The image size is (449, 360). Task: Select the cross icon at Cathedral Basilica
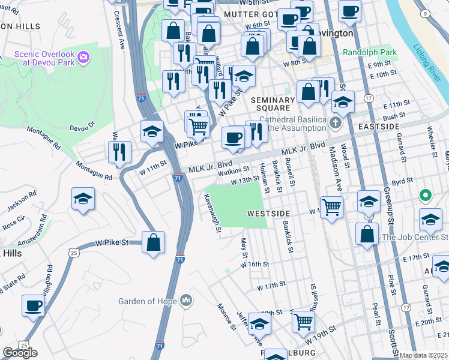click(336, 123)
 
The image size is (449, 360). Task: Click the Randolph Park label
click(370, 53)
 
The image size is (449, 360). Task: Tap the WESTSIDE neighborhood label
click(268, 214)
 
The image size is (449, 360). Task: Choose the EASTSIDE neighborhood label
click(378, 127)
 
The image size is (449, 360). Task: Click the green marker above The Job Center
click(426, 196)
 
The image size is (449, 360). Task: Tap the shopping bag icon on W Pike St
click(154, 243)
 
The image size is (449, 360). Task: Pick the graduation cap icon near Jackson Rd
click(83, 199)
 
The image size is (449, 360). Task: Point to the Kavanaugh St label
click(212, 213)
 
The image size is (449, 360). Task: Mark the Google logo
click(20, 353)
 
